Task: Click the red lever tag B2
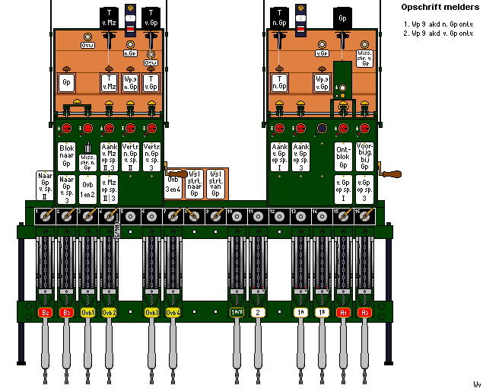45,312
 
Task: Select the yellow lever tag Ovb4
173,312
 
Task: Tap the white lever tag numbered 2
259,312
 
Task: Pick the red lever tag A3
365,312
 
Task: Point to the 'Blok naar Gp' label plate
66,157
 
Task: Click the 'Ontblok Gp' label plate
343,157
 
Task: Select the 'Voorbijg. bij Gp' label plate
365,157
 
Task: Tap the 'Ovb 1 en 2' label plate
88,187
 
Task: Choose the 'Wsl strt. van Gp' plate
216,184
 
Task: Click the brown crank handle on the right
390,176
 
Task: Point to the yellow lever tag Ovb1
88,312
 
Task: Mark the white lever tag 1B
323,312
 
